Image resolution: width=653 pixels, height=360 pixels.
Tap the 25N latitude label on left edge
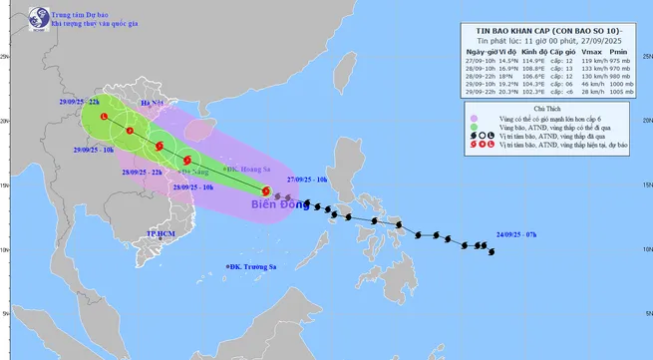coord(6,57)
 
